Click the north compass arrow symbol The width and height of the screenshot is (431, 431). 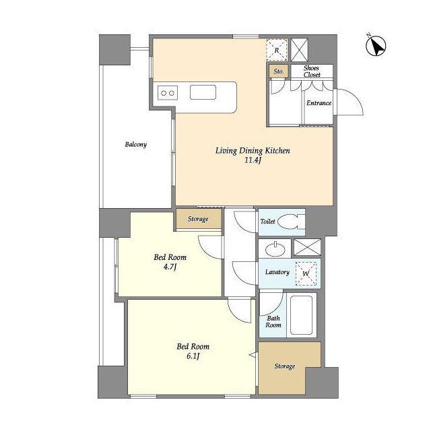pyautogui.click(x=376, y=46)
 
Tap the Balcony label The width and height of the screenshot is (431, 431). pyautogui.click(x=136, y=145)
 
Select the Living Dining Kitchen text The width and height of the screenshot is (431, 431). pyautogui.click(x=253, y=151)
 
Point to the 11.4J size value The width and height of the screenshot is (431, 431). pyautogui.click(x=253, y=160)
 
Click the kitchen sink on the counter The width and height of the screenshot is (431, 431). pyautogui.click(x=203, y=92)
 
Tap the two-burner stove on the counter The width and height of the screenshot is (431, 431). pyautogui.click(x=168, y=93)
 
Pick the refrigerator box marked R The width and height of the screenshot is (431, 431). pyautogui.click(x=277, y=50)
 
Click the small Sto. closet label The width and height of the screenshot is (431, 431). pyautogui.click(x=278, y=71)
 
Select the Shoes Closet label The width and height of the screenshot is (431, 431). pyautogui.click(x=312, y=71)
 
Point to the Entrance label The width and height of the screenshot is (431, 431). pyautogui.click(x=319, y=103)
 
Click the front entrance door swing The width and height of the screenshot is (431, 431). pyautogui.click(x=349, y=102)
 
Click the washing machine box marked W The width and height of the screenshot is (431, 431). pyautogui.click(x=306, y=273)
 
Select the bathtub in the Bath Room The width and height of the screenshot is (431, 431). pyautogui.click(x=301, y=315)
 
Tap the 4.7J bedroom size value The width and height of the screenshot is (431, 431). pyautogui.click(x=170, y=267)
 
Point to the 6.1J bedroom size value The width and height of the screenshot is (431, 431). pyautogui.click(x=193, y=356)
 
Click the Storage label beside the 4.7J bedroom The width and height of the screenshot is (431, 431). pyautogui.click(x=198, y=219)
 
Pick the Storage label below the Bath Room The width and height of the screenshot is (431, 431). pyautogui.click(x=285, y=366)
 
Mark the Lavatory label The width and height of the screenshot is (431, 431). pyautogui.click(x=277, y=272)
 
